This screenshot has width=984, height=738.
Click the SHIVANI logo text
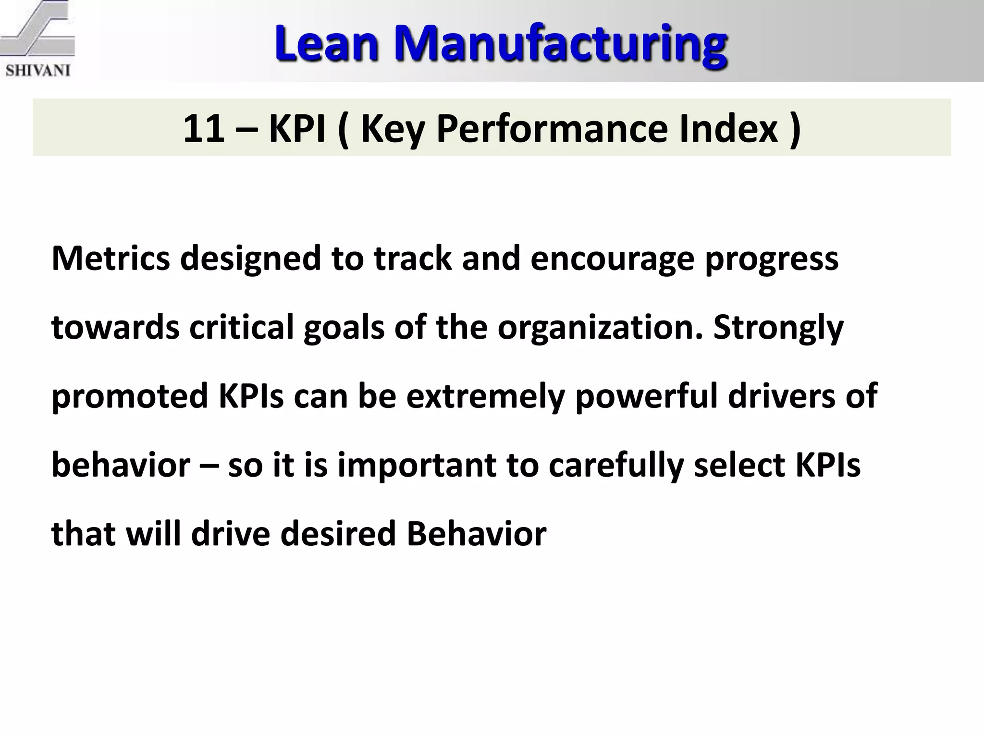[x=37, y=71]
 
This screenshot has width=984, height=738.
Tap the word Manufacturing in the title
[x=560, y=44]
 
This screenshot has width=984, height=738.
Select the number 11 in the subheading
[x=204, y=128]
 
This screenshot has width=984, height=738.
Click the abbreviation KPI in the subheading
[x=297, y=128]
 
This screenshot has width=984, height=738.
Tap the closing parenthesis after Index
[x=795, y=128]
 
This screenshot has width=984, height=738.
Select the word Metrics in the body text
[x=111, y=258]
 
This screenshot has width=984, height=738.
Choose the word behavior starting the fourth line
[x=121, y=465]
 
